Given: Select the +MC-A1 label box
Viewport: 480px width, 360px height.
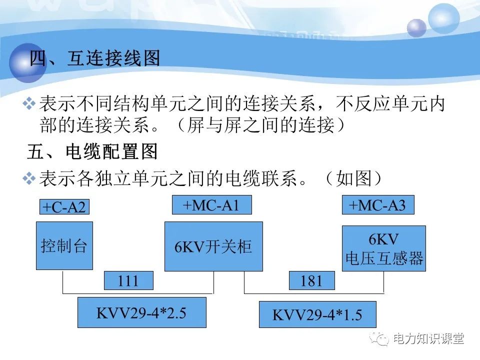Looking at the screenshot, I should pyautogui.click(x=211, y=205).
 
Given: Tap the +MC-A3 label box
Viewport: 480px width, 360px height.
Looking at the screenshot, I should pyautogui.click(x=377, y=205).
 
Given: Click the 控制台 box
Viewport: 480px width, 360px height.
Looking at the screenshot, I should pyautogui.click(x=64, y=246).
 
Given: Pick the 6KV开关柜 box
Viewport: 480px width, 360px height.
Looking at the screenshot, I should pyautogui.click(x=213, y=246).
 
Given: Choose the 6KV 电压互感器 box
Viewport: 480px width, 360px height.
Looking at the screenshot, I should pyautogui.click(x=384, y=248).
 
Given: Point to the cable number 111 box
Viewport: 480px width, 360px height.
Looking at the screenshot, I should pyautogui.click(x=128, y=281).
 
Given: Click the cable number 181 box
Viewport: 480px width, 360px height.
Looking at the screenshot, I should pyautogui.click(x=311, y=281).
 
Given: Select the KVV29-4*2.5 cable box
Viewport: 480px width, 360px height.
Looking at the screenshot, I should pyautogui.click(x=141, y=312).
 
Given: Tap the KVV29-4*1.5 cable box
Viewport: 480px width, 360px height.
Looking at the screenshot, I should pyautogui.click(x=317, y=314).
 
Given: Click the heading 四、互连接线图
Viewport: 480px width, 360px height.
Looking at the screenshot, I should pyautogui.click(x=95, y=58).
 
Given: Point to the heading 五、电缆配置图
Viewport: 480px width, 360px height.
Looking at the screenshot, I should pyautogui.click(x=93, y=151).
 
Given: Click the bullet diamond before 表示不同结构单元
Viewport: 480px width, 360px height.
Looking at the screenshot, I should pyautogui.click(x=30, y=104).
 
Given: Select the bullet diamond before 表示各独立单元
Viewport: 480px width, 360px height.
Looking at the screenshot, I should pyautogui.click(x=30, y=178).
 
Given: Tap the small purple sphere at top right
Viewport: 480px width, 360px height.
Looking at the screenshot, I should pyautogui.click(x=416, y=28).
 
